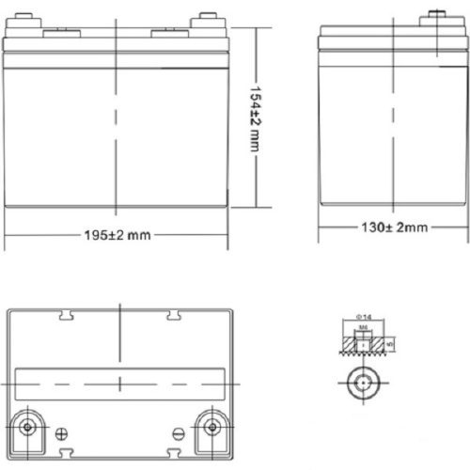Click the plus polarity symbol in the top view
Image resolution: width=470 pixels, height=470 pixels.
tap(62, 433)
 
